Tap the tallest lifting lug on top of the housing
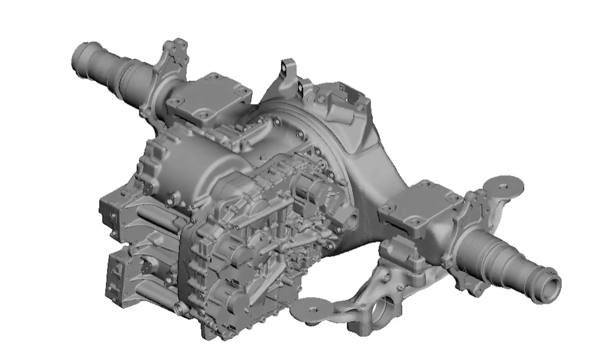click(287, 68)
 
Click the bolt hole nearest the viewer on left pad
click(205, 116)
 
